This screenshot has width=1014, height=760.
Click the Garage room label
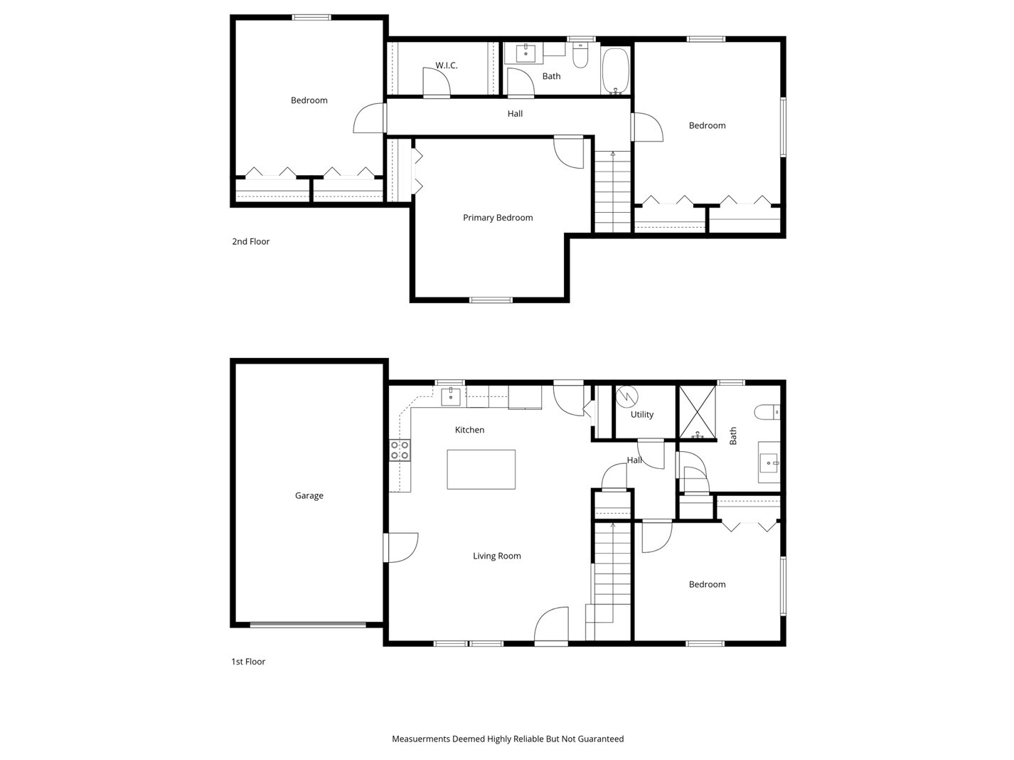click(x=309, y=495)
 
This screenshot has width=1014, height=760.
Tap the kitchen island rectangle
click(x=481, y=469)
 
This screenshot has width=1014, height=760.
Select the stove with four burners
click(x=400, y=450)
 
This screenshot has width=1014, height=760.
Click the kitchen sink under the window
click(x=451, y=396)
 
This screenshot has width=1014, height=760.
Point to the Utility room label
click(x=641, y=414)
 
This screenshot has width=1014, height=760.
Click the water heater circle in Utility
click(x=627, y=395)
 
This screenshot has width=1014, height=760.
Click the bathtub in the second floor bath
click(x=616, y=70)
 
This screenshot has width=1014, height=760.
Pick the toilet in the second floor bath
click(x=581, y=56)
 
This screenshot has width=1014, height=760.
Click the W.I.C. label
click(x=446, y=65)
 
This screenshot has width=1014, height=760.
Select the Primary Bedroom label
click(x=498, y=218)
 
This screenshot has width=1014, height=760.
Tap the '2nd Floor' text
click(x=251, y=241)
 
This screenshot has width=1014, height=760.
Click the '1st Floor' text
click(x=248, y=661)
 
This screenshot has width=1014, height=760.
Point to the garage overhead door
click(x=308, y=625)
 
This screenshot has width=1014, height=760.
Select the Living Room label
click(x=496, y=556)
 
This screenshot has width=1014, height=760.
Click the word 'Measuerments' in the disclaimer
click(x=421, y=739)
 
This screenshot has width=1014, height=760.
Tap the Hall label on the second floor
click(x=515, y=113)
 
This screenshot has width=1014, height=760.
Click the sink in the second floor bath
click(x=525, y=53)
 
